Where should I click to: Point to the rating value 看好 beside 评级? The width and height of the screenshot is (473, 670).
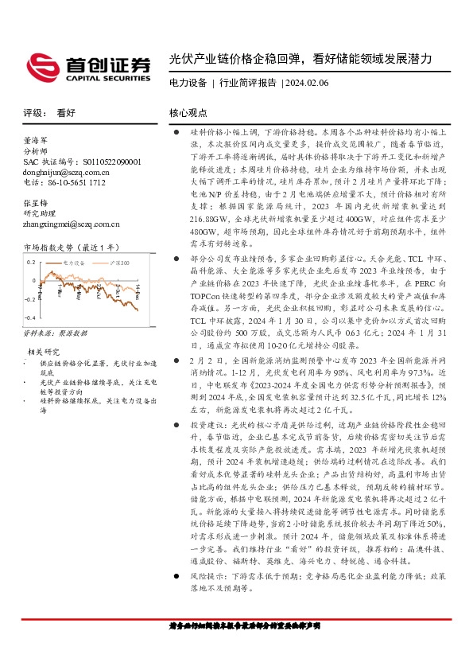[x=66, y=114]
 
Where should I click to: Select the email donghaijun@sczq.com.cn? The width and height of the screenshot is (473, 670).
[x=67, y=171]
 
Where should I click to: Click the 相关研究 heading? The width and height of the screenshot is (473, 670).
[x=44, y=351]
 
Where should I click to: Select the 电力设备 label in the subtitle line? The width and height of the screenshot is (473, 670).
[x=188, y=83]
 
